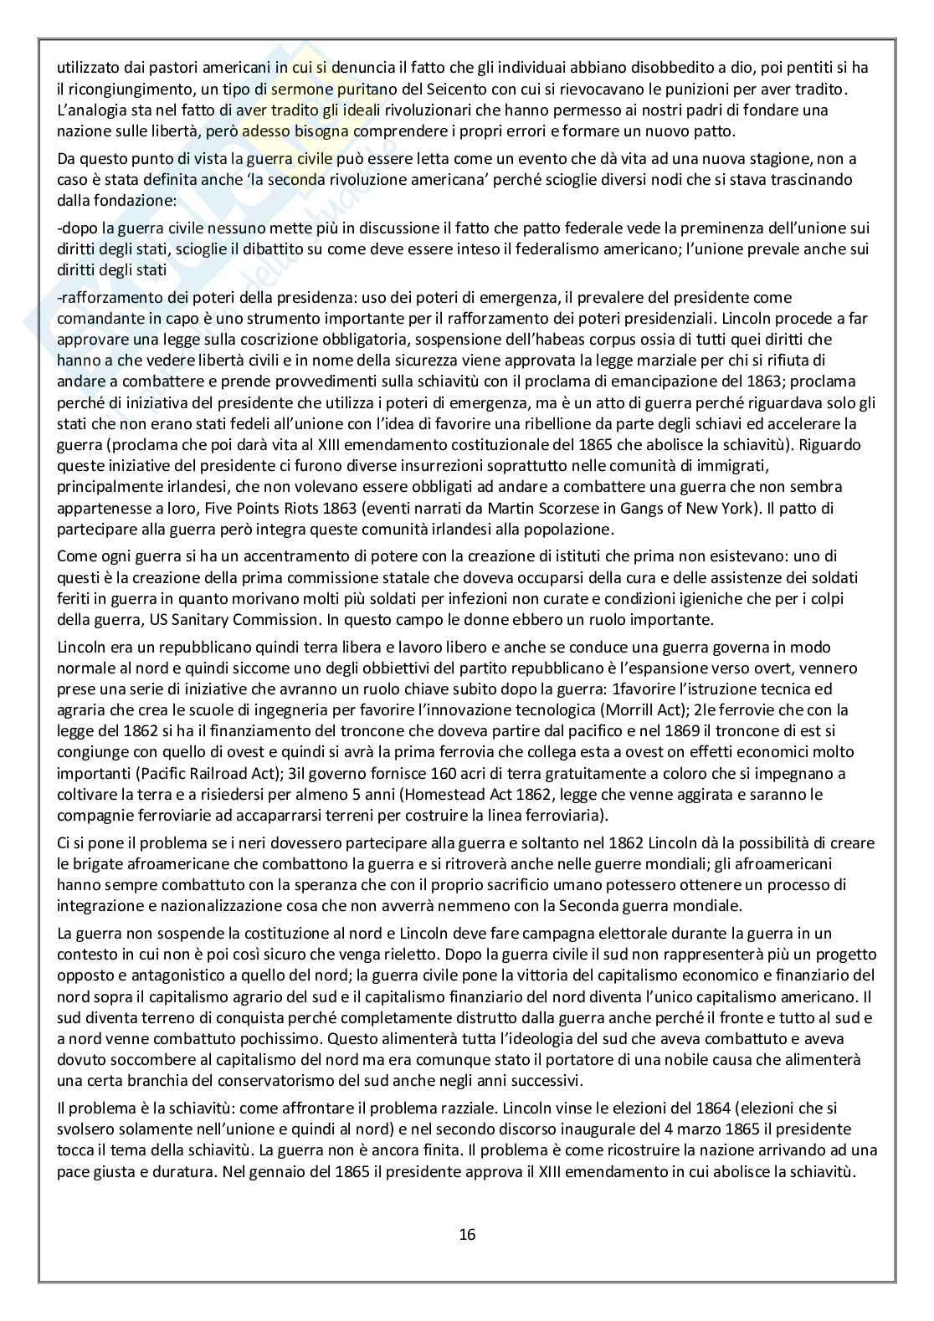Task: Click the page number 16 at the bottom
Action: (467, 1234)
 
